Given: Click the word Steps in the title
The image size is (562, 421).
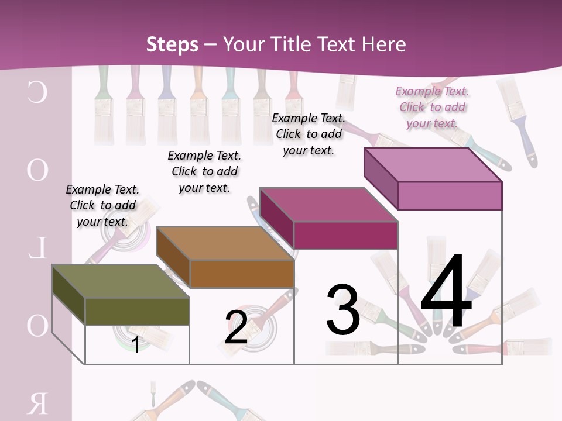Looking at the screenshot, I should tap(172, 44).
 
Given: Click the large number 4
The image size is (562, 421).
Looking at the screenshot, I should tap(446, 292).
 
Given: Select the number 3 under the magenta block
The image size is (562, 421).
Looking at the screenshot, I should tap(342, 310).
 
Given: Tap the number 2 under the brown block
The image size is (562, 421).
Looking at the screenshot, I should tap(237, 327).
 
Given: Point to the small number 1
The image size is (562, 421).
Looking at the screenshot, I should tap(135, 345).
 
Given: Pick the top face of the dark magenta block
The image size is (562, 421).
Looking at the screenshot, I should tap(328, 205).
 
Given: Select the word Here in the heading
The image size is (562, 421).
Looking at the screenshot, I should tap(383, 44).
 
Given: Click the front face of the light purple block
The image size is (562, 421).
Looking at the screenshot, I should tap(450, 195).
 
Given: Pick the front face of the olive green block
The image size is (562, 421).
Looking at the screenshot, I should tap(137, 312).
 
